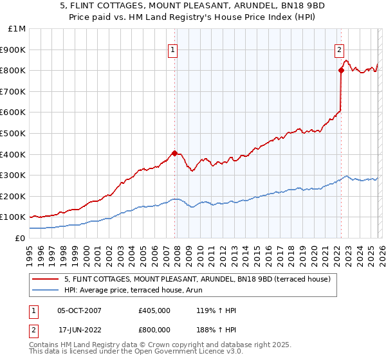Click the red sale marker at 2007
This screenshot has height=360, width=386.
click(174, 153)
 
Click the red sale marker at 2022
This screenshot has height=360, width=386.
click(340, 70)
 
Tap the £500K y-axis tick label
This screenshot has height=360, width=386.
click(14, 133)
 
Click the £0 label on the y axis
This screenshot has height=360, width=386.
click(20, 238)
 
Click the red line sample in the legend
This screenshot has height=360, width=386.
click(46, 279)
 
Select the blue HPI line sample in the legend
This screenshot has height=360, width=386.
click(46, 290)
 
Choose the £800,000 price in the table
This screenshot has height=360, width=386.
click(155, 330)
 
